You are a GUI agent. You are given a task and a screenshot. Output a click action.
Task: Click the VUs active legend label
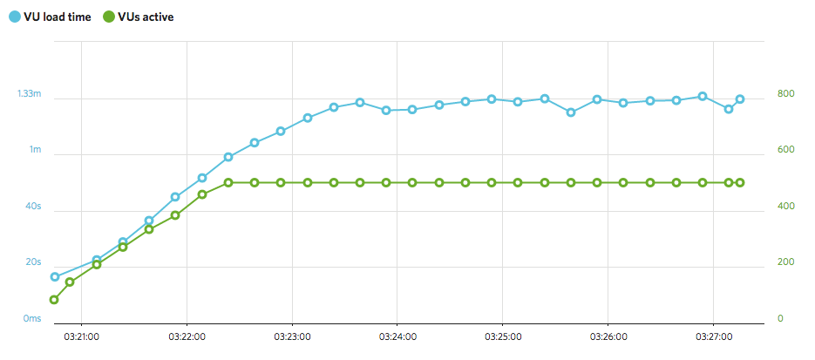145,16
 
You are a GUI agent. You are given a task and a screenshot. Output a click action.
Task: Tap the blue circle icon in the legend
16,16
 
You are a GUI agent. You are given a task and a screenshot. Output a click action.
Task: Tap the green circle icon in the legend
108,16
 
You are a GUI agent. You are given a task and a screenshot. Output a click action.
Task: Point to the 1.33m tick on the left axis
30,93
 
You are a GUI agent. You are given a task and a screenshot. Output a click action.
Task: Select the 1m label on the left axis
35,150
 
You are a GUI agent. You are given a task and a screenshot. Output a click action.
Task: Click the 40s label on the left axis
32,207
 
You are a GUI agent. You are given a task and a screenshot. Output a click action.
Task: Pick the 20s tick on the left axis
32,262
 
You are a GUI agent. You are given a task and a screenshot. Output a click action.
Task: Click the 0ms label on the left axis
31,319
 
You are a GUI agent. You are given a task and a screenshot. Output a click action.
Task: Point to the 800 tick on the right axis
786,93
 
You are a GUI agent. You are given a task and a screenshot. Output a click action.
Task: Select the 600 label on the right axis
786,150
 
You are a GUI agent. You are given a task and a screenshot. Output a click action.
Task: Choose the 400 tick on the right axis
786,207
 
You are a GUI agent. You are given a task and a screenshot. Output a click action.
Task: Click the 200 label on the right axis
786,262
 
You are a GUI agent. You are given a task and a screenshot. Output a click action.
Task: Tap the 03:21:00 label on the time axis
81,336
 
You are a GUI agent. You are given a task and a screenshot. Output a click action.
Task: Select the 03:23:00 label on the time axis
292,336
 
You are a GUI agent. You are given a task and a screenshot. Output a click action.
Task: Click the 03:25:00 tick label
503,336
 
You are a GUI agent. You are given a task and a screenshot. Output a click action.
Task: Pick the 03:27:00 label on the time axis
714,336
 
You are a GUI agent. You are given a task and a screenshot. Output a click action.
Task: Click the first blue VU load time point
54,277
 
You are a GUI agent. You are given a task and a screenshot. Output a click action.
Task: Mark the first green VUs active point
54,300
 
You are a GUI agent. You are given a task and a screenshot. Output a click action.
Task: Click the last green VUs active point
740,182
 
